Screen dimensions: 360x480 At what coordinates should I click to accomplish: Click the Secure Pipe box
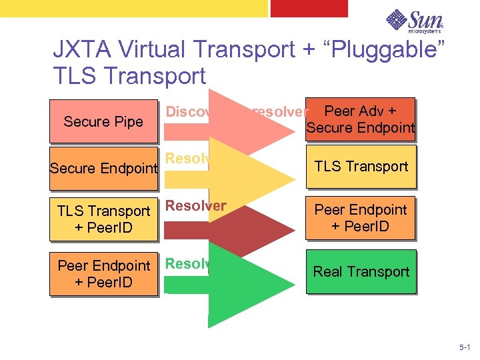[x=103, y=121]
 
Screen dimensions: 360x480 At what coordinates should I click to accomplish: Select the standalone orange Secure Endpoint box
[x=103, y=168]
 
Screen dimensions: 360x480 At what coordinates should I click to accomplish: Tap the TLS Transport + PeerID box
[x=103, y=219]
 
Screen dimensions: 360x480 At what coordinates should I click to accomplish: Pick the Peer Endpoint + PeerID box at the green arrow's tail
[x=103, y=273]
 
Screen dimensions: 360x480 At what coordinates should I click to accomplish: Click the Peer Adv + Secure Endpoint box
[x=360, y=119]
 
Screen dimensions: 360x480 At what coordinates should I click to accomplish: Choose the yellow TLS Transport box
[x=361, y=167]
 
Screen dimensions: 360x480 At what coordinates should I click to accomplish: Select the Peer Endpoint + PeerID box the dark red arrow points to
[x=361, y=218]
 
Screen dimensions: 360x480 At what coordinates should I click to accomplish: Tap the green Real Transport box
[x=361, y=271]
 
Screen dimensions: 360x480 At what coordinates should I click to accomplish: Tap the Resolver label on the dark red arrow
[x=196, y=206]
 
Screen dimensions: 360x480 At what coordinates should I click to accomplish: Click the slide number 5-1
[x=464, y=348]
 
